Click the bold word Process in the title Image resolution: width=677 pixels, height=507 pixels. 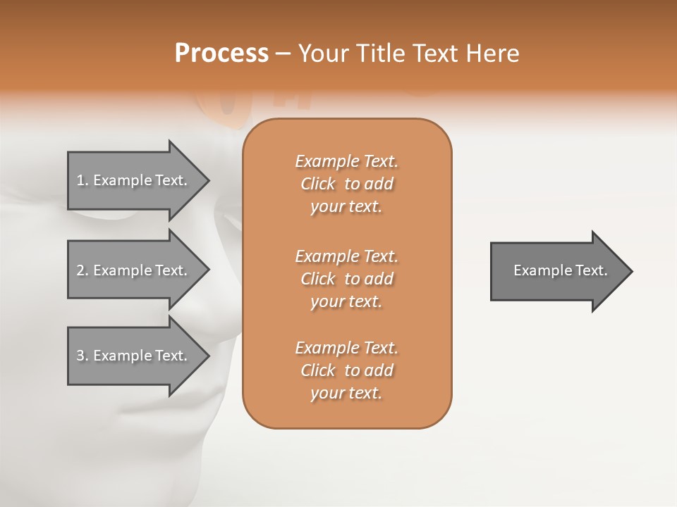click(x=221, y=53)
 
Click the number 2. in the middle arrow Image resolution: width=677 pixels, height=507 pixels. click(x=82, y=270)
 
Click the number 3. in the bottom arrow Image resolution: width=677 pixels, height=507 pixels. click(x=82, y=356)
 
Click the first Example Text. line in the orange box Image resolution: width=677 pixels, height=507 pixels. click(x=346, y=161)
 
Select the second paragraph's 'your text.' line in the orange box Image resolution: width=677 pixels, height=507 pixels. click(x=346, y=301)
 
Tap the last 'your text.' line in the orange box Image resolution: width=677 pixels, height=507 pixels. click(x=346, y=393)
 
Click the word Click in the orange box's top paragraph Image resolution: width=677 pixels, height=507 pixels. click(x=318, y=184)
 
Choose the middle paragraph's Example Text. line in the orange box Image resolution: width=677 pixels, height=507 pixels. click(x=346, y=256)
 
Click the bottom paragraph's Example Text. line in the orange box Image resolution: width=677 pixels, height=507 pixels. click(x=346, y=348)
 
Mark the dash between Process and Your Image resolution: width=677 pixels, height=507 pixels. click(x=283, y=54)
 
